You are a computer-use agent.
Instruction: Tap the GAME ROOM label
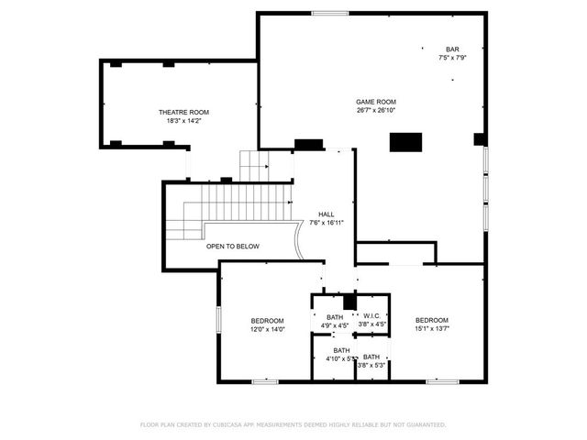[376, 102]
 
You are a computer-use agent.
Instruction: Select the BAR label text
[452, 49]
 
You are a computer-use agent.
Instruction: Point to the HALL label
[326, 214]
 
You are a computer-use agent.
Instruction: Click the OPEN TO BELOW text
[232, 247]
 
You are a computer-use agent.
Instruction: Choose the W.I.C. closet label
[371, 316]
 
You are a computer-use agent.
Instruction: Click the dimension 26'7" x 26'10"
[376, 110]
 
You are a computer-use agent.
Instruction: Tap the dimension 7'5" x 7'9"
[452, 58]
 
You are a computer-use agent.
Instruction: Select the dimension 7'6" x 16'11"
[326, 222]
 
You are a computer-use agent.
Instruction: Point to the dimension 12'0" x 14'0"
[268, 328]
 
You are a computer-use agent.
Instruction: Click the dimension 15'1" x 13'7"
[431, 328]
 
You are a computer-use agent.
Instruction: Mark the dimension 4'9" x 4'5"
[335, 324]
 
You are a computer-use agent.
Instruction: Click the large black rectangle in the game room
[405, 142]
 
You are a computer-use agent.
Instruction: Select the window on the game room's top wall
[326, 13]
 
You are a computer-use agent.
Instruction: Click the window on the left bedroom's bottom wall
[265, 380]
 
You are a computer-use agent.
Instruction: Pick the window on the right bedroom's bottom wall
[442, 380]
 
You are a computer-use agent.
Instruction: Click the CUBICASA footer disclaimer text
[293, 424]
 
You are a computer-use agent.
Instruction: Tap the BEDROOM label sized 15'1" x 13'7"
[431, 320]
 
